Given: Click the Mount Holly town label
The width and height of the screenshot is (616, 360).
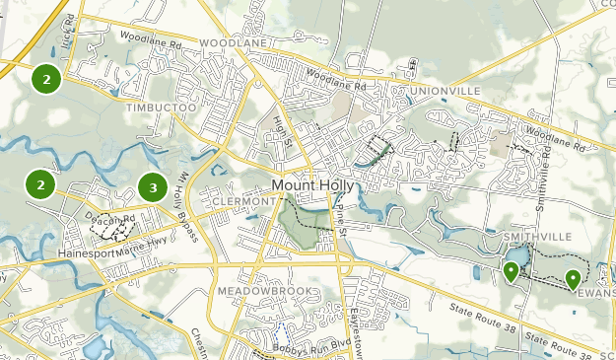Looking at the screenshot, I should tap(314, 186).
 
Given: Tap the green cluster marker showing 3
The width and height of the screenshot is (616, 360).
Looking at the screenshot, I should tap(152, 186).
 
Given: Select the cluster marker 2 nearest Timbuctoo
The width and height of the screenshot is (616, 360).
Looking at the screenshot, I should tap(46, 78).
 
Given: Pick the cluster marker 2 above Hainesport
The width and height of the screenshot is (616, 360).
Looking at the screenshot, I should tap(40, 184).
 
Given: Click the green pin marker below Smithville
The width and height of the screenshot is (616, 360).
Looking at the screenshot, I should tap(511, 271).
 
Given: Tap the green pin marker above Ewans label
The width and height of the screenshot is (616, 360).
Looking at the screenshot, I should tap(573, 280).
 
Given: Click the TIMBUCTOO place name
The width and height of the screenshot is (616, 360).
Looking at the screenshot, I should tap(163, 103).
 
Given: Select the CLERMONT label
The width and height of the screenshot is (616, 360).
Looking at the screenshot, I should tap(240, 201).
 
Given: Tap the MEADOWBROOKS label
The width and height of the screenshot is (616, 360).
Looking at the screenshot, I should tap(269, 292).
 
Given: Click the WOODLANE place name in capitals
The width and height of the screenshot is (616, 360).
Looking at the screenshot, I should tap(233, 44).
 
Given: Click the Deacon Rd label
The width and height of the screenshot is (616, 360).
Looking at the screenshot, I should tap(109, 219).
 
